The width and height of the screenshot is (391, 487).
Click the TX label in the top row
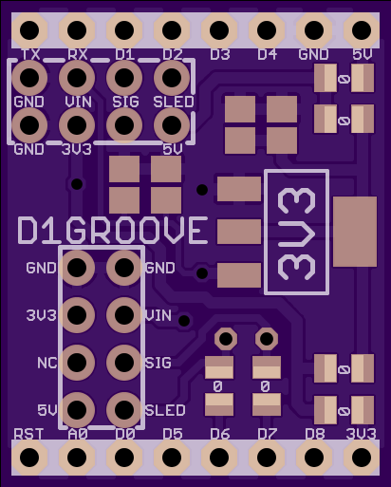pos(30,54)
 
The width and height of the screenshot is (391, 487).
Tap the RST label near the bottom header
pos(28,434)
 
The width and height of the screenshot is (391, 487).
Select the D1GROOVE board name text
pos(113,231)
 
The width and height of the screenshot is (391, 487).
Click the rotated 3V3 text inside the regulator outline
pos(296,234)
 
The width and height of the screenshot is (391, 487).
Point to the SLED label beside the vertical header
pos(165,410)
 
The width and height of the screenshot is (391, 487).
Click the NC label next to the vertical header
pos(47,363)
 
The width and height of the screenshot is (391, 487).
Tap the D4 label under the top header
pos(268,54)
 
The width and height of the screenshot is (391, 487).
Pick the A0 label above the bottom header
pos(78,434)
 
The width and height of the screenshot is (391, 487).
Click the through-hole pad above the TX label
pos(29,30)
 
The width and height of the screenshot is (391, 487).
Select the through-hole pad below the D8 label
pos(314,458)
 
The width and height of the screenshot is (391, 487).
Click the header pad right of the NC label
pos(124,363)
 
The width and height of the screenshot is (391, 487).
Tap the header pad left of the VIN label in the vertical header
pos(124,315)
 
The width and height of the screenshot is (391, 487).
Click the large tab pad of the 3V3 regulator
pos(355,232)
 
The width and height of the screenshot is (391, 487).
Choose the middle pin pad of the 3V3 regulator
pos(239,232)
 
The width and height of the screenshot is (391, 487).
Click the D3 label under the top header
pos(220,54)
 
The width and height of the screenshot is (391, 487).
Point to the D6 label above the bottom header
pos(220,434)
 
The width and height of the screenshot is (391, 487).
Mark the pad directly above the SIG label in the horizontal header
pos(124,78)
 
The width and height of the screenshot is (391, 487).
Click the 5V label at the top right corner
pos(363,54)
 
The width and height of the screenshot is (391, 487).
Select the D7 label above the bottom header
pos(268,434)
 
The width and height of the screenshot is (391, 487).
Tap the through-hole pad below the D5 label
pos(172,458)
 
